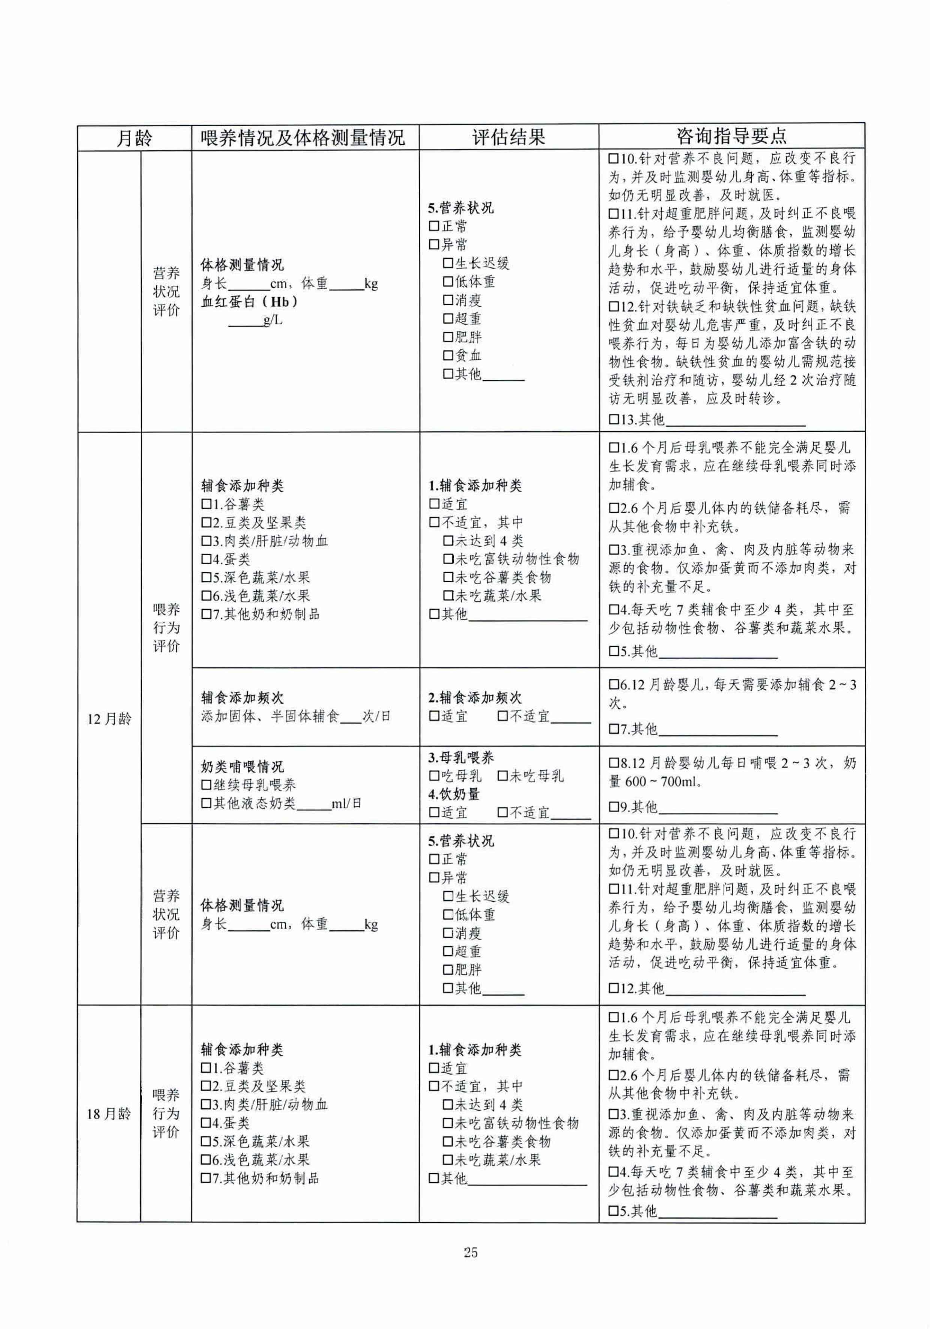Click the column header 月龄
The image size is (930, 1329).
point(134,138)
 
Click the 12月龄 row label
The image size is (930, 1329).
point(109,719)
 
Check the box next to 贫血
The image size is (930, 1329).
point(448,356)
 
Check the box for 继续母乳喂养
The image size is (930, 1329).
point(206,785)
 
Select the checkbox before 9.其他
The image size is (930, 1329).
point(614,807)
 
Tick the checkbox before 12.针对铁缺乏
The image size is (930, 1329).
point(614,307)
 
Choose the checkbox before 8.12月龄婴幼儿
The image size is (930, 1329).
point(614,764)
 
